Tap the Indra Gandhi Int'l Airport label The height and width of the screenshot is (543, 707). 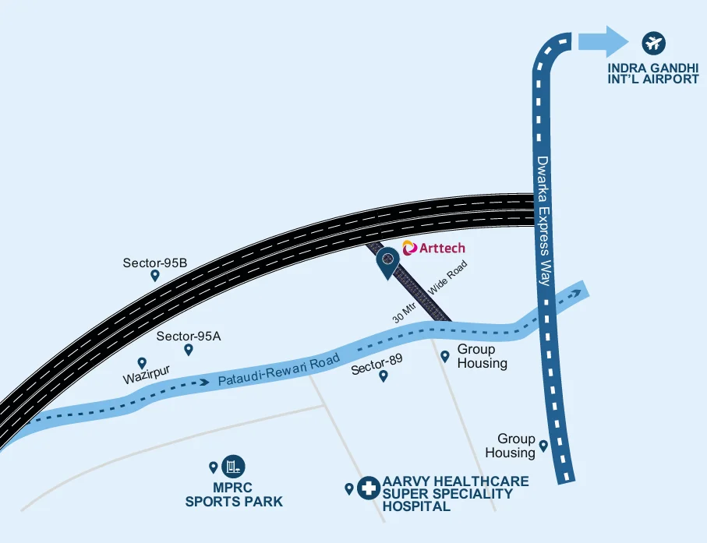653,72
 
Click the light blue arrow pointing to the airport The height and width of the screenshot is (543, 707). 603,41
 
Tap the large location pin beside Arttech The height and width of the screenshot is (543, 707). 387,262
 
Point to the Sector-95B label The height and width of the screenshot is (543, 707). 155,263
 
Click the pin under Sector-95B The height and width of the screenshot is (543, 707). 155,275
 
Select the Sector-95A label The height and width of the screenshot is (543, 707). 189,337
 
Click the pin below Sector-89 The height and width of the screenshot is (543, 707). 383,376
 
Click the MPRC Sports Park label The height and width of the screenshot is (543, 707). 234,495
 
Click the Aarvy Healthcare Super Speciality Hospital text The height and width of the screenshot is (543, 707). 455,494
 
